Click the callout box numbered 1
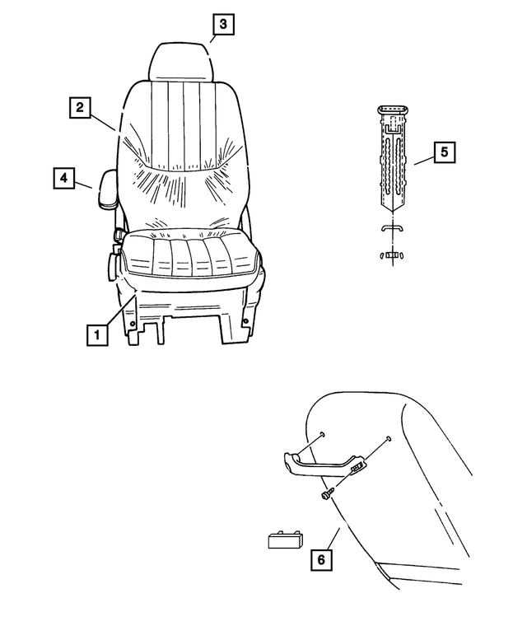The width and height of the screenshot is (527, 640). pos(96,335)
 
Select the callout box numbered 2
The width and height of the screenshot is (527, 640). pos(80,107)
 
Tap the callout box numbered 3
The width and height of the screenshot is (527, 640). pos(222,25)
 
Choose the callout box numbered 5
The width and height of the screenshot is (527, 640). pos(444,152)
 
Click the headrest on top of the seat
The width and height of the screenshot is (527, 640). pos(183,62)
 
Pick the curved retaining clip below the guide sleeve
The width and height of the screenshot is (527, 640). pos(394,228)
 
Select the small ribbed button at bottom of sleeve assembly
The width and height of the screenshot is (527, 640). pos(394,255)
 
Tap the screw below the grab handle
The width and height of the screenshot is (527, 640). pos(327,493)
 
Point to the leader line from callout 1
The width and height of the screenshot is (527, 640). pos(118,314)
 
